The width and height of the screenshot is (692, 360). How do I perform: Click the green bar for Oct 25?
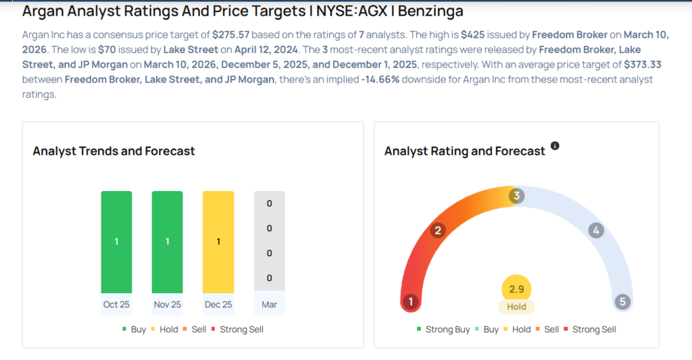116,242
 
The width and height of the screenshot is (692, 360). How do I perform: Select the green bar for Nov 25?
167,242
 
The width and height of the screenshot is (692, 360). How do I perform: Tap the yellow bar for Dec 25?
218,242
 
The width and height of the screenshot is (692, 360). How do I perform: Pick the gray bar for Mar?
269,242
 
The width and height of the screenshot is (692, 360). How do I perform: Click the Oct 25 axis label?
116,305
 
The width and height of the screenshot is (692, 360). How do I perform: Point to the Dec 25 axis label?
218,305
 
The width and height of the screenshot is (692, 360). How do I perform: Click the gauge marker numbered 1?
410,302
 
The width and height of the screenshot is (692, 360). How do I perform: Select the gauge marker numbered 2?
438,231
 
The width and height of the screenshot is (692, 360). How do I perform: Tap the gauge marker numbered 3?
516,196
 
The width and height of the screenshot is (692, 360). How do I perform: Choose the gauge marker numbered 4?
595,231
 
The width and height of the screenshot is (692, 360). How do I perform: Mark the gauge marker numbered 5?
622,302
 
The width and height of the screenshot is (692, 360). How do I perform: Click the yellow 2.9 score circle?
516,289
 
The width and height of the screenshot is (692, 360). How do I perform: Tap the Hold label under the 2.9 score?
516,307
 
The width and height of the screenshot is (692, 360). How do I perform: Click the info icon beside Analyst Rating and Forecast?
555,146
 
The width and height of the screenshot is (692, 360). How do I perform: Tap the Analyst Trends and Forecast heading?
114,151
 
